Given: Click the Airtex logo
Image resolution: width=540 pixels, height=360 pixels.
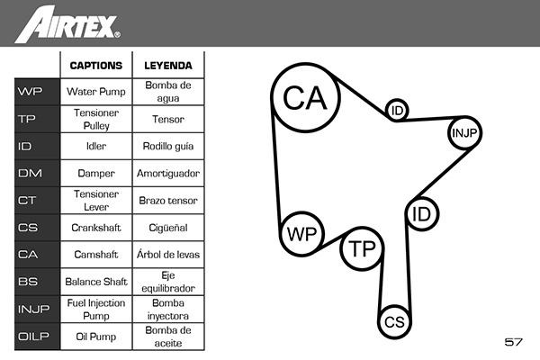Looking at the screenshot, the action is [67, 24].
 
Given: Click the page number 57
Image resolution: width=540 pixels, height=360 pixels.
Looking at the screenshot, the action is [514, 342].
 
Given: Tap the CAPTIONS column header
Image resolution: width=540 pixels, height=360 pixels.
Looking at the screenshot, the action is [96, 66].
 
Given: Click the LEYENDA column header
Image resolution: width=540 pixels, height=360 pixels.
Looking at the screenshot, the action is [168, 66].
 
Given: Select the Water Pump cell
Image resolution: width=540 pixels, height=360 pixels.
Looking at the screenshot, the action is [96, 92].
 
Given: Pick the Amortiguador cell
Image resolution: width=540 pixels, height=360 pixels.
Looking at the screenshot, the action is [168, 173].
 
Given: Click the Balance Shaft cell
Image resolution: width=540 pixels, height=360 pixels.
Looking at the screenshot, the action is [96, 282].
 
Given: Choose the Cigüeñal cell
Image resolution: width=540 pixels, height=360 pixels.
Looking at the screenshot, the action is [168, 228].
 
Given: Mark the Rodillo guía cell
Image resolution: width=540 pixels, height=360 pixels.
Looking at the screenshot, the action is [168, 146].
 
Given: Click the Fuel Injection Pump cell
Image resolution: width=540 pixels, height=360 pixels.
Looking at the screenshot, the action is [96, 309].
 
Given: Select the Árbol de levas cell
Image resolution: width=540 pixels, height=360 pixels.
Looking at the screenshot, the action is [168, 254].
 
